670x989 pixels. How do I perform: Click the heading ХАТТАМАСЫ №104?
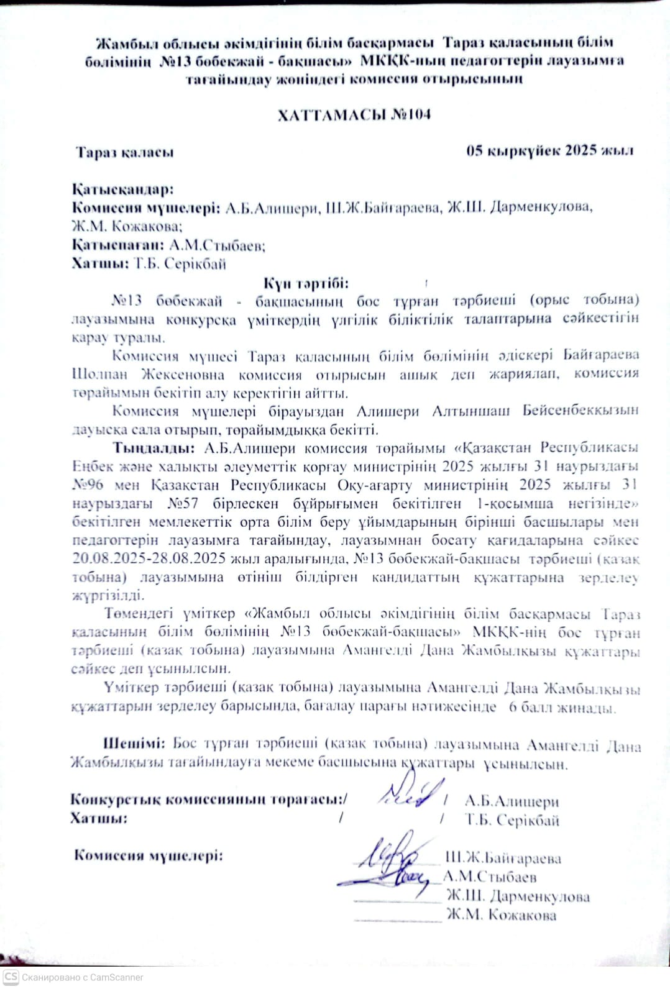coord(354,115)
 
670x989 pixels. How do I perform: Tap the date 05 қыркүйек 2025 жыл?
coord(549,151)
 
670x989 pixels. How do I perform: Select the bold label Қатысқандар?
coord(122,189)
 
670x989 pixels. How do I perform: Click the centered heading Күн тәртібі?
coord(306,283)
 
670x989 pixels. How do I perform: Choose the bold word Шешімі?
coord(133,743)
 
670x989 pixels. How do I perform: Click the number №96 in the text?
coord(87,485)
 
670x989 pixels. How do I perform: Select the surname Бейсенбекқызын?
coord(581,411)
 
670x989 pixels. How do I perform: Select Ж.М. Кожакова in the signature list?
coord(501,915)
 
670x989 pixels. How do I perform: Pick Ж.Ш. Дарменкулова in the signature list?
coord(517,896)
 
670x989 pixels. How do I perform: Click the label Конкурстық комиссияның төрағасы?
coord(208,800)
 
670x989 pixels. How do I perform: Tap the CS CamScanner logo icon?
coord(11,977)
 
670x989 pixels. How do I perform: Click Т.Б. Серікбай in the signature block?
coord(512,820)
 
